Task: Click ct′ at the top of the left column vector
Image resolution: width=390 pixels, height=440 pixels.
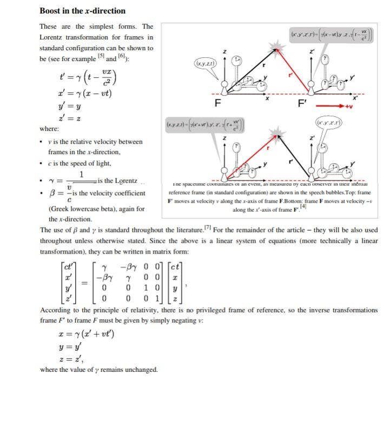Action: coord(69,265)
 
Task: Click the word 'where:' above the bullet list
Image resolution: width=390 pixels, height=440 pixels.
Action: coord(49,129)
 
